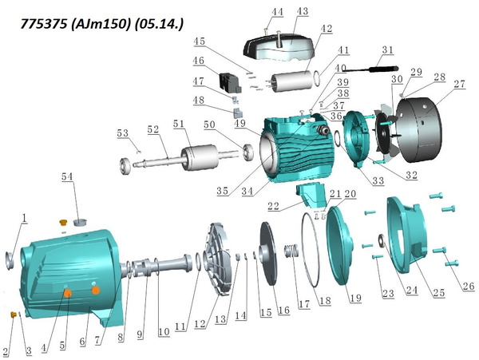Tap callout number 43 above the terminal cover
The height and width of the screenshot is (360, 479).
tap(302, 12)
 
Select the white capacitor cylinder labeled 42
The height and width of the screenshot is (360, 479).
tap(294, 81)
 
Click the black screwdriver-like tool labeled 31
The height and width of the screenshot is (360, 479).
tap(370, 69)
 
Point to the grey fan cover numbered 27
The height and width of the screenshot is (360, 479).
tap(419, 129)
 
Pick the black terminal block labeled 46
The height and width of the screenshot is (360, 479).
tap(230, 83)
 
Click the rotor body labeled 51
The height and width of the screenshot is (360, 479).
tap(199, 157)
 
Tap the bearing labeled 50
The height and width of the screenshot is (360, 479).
tap(248, 152)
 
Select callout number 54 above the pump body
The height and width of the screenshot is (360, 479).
tap(67, 176)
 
